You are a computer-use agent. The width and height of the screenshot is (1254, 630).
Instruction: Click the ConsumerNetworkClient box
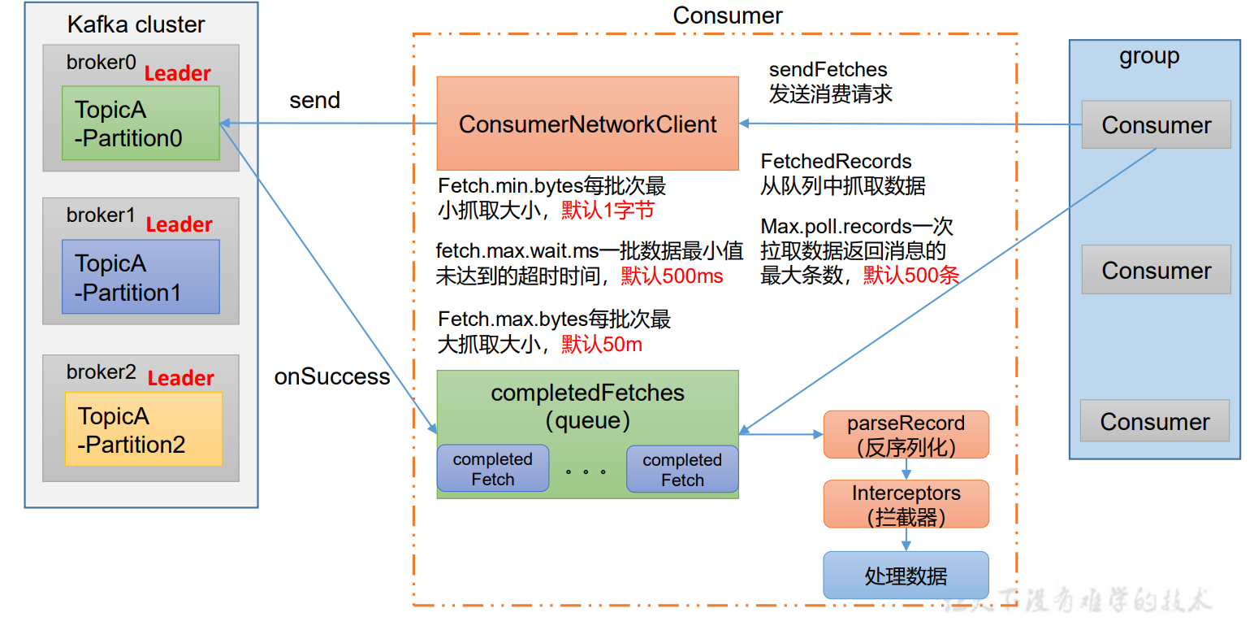(587, 124)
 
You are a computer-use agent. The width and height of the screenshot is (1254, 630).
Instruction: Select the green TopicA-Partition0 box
(141, 123)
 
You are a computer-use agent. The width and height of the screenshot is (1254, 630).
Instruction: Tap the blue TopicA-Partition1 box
(141, 276)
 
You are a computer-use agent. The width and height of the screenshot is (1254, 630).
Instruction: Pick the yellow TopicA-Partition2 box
(143, 429)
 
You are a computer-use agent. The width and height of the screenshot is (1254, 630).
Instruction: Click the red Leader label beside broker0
(178, 74)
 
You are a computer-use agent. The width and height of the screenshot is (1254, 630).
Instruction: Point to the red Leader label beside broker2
(180, 378)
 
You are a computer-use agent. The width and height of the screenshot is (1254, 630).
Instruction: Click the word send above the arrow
(314, 101)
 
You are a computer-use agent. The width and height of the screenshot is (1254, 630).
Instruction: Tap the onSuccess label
(332, 377)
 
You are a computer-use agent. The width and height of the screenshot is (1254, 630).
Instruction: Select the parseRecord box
(906, 434)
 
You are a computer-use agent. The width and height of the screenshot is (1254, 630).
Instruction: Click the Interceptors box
(906, 504)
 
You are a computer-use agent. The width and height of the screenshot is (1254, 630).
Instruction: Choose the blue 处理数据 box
(906, 576)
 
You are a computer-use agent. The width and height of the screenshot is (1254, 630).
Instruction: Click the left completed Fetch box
(492, 469)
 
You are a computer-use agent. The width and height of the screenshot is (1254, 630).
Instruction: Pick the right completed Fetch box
(682, 470)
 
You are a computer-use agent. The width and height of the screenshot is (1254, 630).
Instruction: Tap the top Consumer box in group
(1156, 125)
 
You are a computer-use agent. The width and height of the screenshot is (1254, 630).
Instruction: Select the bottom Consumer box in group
(1154, 421)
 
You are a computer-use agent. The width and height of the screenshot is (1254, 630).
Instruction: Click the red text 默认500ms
(672, 276)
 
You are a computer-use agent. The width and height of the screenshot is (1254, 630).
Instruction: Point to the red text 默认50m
(601, 345)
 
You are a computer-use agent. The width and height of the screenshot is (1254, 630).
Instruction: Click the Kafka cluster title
(135, 24)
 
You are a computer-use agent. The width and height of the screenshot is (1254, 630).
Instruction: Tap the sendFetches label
(828, 70)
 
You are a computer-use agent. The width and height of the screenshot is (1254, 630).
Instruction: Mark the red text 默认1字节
(608, 211)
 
